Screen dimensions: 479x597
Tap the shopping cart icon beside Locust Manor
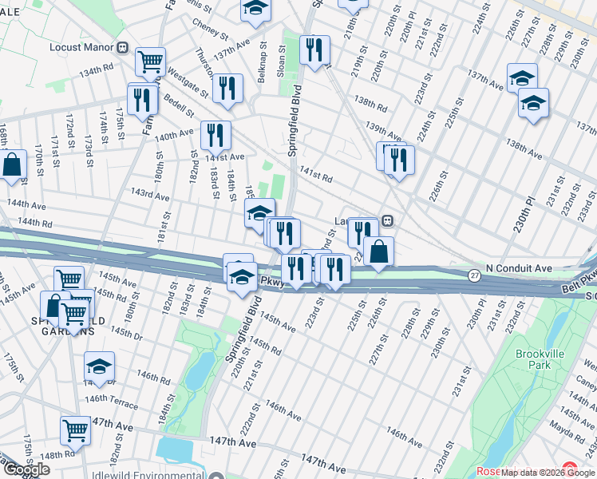150,62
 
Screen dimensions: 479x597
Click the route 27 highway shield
473,275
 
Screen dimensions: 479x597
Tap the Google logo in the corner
26,469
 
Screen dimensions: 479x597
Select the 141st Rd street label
316,174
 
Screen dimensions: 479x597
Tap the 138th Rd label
370,103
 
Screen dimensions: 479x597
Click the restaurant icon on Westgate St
227,88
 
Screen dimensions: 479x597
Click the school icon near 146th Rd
99,366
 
